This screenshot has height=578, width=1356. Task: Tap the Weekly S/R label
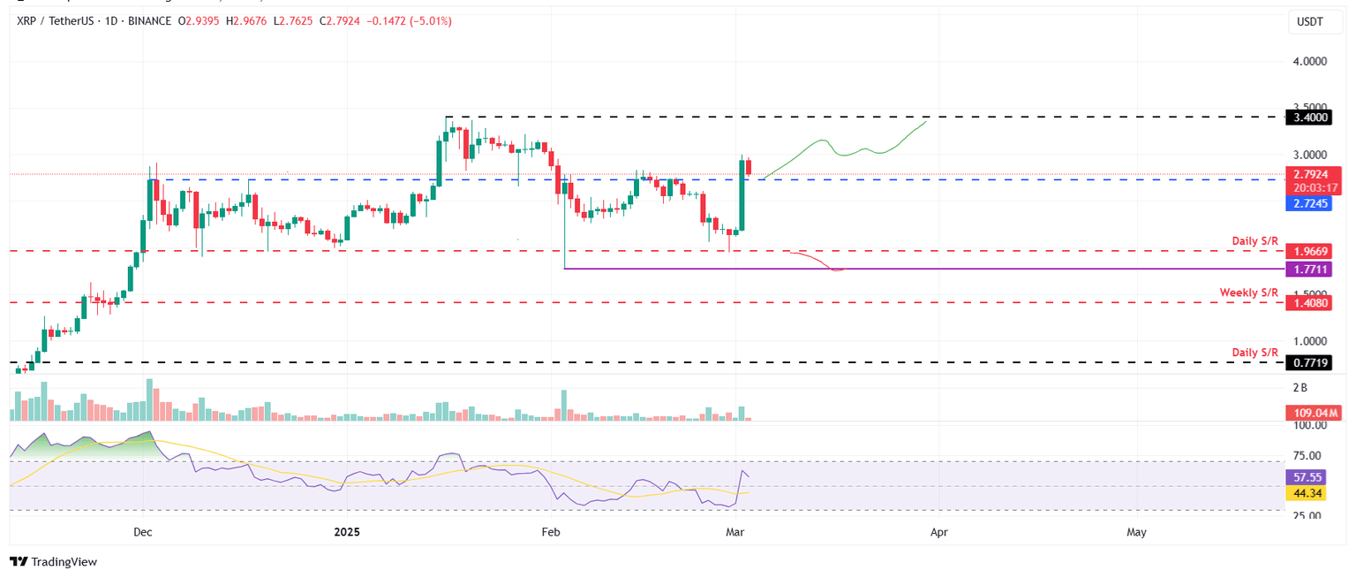tap(1248, 293)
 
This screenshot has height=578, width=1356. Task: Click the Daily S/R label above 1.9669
tap(1254, 241)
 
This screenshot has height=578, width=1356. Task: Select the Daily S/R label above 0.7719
tap(1254, 353)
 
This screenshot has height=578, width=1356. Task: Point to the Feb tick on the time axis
tap(551, 532)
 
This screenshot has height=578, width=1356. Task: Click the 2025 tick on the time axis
tap(348, 532)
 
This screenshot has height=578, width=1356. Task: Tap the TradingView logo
tap(53, 561)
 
